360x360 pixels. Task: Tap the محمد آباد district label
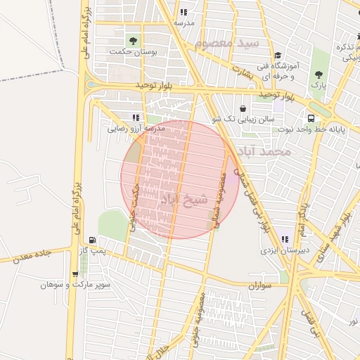[263, 150]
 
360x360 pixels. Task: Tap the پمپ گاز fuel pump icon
[93, 240]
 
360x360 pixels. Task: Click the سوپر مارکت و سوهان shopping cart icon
[75, 274]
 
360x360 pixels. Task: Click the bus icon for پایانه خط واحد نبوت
[311, 118]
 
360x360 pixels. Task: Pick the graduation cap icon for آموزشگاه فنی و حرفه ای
[278, 56]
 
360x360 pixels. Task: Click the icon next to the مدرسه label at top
[184, 13]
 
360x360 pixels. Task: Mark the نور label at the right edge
[352, 321]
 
